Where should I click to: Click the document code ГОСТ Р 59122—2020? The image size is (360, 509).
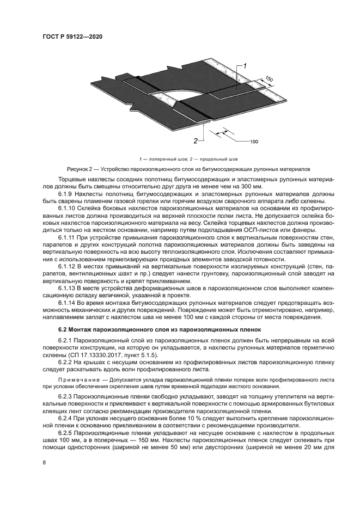[72, 36]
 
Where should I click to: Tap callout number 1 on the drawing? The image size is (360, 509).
[246, 66]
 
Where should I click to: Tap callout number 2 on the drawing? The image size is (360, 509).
[195, 140]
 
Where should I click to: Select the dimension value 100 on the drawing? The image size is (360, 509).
[254, 142]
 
